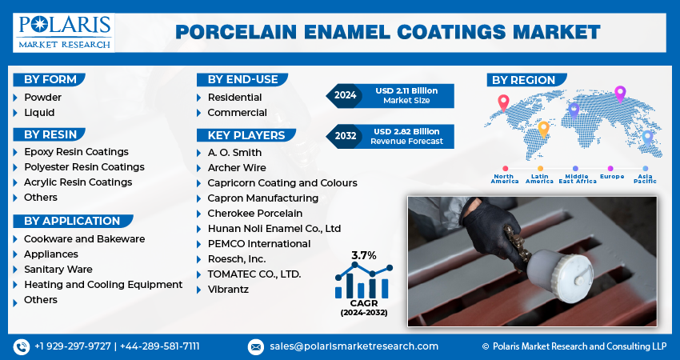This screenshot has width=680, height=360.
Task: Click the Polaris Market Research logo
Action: pos(64,30)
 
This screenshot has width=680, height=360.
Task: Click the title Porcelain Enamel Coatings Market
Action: pos(387,32)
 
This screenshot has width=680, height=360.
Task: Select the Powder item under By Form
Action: pos(42,98)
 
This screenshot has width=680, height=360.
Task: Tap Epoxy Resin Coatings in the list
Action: pos(76,152)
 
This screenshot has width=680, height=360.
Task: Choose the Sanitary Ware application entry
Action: pos(58,270)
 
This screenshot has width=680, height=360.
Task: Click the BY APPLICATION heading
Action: pos(71,221)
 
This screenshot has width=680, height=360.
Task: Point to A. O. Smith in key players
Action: pos(234,153)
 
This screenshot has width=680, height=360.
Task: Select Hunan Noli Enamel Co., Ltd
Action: pos(274,229)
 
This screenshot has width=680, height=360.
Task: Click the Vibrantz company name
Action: pos(228,290)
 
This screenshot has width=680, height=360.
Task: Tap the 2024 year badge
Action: pos(345,95)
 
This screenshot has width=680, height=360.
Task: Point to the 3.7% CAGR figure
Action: pos(364,256)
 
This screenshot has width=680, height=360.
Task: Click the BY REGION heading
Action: pos(523,80)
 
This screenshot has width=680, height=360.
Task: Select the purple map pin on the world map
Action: pos(619,93)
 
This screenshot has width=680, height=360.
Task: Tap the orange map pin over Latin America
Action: pos(544,129)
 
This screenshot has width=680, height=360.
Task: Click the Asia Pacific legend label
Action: pos(644,179)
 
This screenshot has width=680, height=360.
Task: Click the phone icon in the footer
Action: pos(21,346)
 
